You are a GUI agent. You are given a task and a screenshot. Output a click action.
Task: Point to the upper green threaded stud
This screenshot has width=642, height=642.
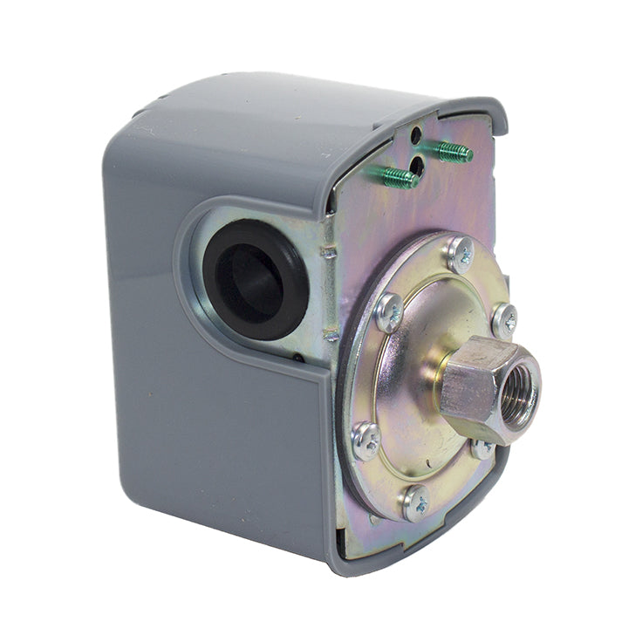pyautogui.click(x=454, y=152)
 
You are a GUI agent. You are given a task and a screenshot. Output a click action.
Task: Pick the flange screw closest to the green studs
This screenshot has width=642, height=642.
pyautogui.click(x=460, y=254)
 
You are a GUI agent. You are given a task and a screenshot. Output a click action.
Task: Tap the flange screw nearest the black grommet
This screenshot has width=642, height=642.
pyautogui.click(x=389, y=311)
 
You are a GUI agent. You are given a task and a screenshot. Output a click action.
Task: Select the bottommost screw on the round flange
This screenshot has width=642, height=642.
pyautogui.click(x=415, y=504)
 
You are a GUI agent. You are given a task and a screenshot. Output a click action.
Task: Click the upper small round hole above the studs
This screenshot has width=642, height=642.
pyautogui.click(x=416, y=134)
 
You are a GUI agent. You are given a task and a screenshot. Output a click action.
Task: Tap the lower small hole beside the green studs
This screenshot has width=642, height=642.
pyautogui.click(x=417, y=163)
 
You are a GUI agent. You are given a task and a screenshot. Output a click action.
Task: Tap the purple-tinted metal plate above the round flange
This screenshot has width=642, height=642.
pyautogui.click(x=366, y=227)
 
